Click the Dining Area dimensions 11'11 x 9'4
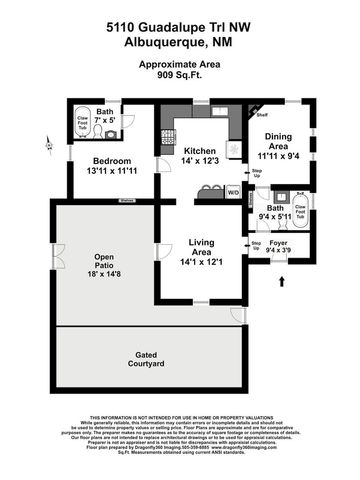coord(278,155)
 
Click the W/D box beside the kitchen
coord(234,192)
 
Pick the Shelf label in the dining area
coord(262,114)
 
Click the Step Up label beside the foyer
coord(257,244)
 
